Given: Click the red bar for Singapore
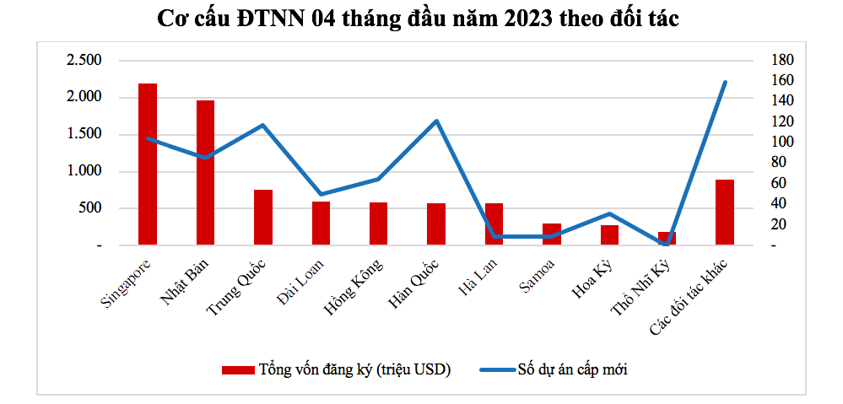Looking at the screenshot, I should click(x=148, y=164).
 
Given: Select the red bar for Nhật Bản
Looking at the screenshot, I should click(x=205, y=173).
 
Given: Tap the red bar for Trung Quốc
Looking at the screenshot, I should click(x=263, y=218).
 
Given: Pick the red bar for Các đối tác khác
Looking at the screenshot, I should click(x=725, y=213).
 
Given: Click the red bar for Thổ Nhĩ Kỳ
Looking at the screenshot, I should click(x=667, y=239).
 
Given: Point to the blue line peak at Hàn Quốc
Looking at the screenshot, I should click(x=436, y=121).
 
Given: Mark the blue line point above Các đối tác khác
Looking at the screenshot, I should click(x=725, y=82).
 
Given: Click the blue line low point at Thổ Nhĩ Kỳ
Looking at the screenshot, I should click(x=667, y=243).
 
